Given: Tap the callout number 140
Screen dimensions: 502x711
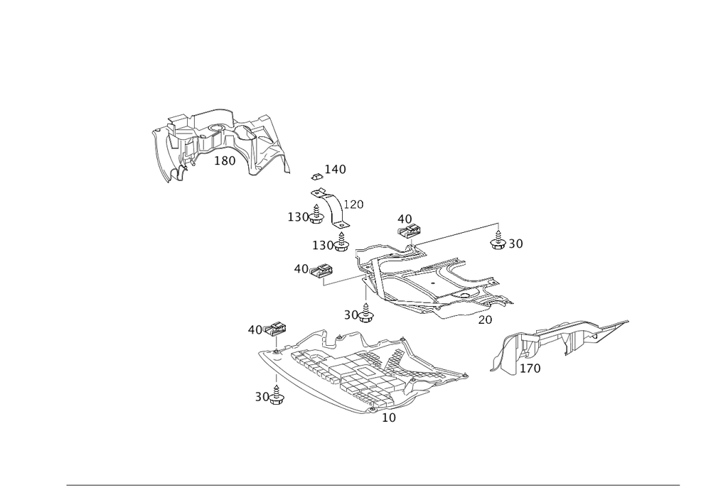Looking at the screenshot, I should click(336, 169).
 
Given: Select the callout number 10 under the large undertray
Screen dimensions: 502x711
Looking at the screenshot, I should click(388, 418).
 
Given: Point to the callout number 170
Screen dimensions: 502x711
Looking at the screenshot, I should click(533, 369).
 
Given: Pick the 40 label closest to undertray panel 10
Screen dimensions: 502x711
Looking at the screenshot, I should click(255, 329).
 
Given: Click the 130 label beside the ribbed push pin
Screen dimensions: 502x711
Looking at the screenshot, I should click(323, 245).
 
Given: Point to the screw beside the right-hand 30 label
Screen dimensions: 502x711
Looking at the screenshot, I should click(499, 244).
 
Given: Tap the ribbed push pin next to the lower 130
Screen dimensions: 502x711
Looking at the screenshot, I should click(342, 244).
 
